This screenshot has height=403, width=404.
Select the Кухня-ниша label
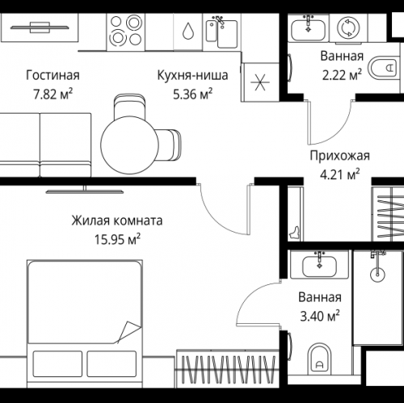point(187,77)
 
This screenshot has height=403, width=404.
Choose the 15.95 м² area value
point(118,238)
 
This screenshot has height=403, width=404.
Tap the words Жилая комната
point(117,220)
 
